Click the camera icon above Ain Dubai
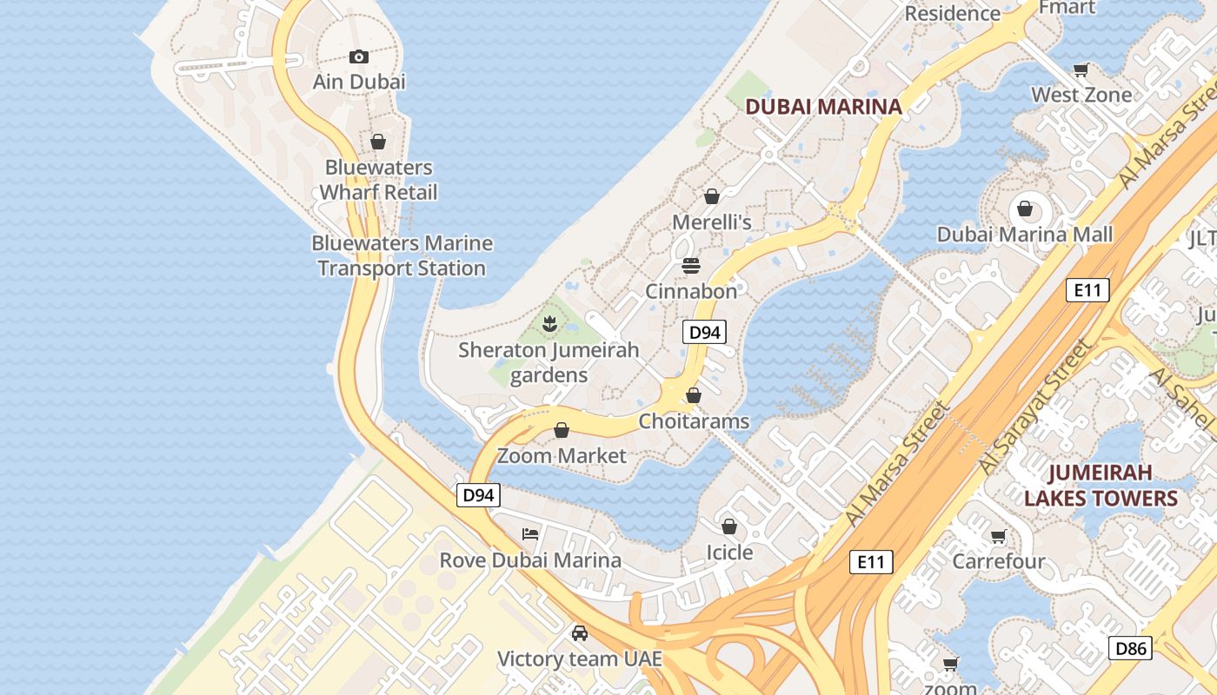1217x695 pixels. (x=358, y=57)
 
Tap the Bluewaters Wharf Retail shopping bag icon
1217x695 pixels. (x=377, y=142)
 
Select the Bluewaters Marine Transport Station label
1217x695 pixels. (x=402, y=255)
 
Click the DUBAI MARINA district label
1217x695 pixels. (x=823, y=107)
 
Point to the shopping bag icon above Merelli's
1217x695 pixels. (x=711, y=197)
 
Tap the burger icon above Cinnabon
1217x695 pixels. (x=691, y=265)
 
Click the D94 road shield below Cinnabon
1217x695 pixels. (x=703, y=332)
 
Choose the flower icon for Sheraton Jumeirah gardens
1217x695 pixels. (x=549, y=325)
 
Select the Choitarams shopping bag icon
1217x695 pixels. (x=693, y=396)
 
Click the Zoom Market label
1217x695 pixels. (x=562, y=455)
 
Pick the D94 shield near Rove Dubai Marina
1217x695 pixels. (x=478, y=495)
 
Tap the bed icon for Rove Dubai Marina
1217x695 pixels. (x=530, y=533)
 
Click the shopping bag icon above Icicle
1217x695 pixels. (x=728, y=527)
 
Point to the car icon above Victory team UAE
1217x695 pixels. (x=579, y=633)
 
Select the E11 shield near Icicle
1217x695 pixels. (x=870, y=562)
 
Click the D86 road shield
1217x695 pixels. (x=1132, y=647)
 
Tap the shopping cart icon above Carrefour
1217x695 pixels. (x=998, y=537)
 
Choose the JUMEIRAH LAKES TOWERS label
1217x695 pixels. (x=1101, y=486)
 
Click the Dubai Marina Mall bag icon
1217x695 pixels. (x=1024, y=208)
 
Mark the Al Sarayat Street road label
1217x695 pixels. (x=1034, y=408)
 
